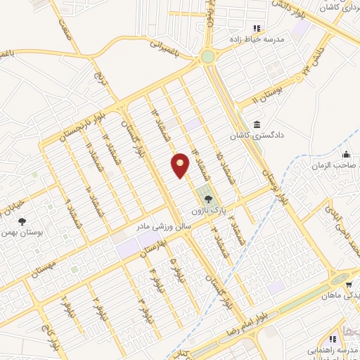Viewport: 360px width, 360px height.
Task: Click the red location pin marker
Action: [x=181, y=165]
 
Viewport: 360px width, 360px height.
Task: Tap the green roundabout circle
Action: [x=208, y=56]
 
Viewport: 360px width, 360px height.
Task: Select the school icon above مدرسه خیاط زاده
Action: [x=255, y=27]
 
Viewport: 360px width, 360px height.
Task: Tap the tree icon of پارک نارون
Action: [x=206, y=199]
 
